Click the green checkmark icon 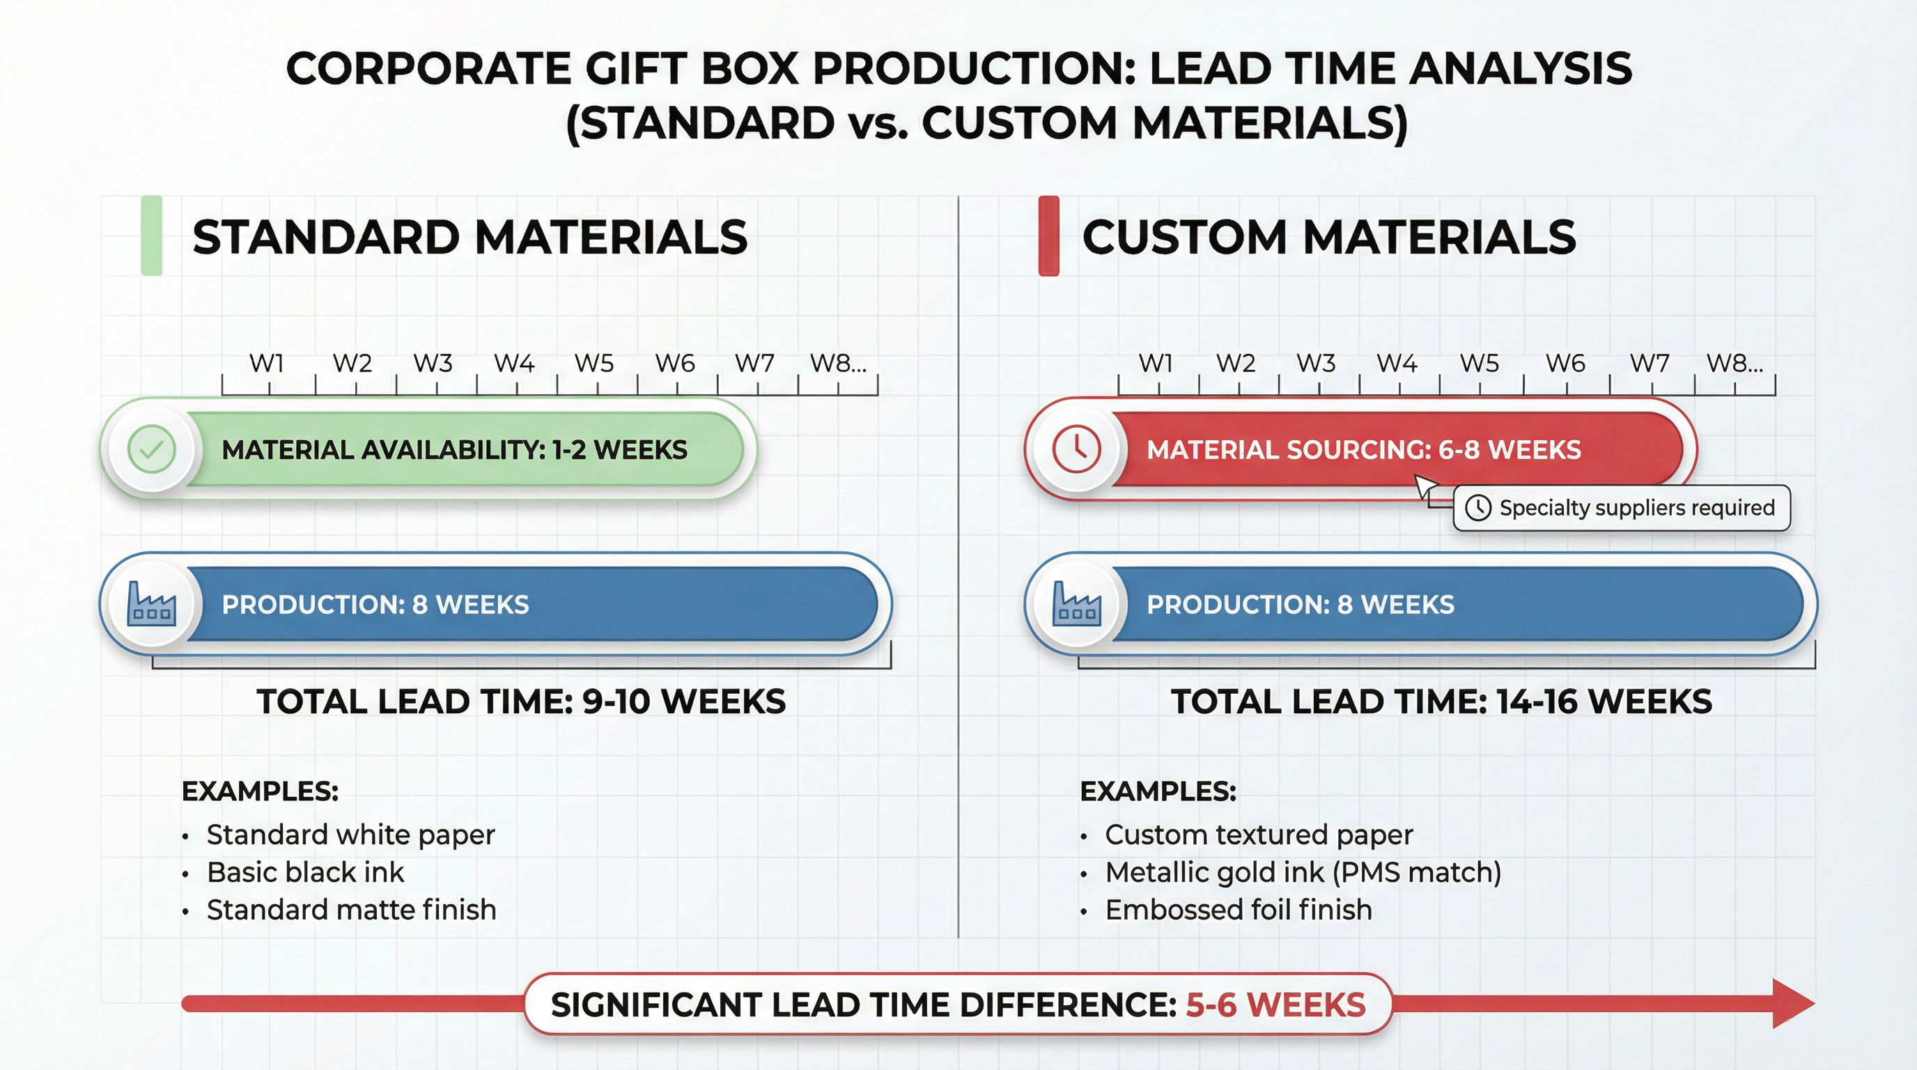tap(152, 449)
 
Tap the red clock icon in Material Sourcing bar tap(1076, 449)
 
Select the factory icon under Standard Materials tap(152, 604)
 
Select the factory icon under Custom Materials tap(1076, 604)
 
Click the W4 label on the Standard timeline tap(514, 363)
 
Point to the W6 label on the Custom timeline tap(1565, 363)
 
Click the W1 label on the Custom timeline tap(1156, 363)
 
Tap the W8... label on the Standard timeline tap(838, 363)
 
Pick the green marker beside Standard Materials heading tap(152, 236)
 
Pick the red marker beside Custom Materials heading tap(1048, 236)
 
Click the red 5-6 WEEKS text tap(1275, 1005)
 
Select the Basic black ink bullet tap(305, 872)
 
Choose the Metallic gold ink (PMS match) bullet tap(1303, 872)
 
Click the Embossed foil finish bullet tap(1239, 909)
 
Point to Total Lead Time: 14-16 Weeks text tap(1441, 701)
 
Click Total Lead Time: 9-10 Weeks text tap(521, 701)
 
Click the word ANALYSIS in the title tap(1521, 68)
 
